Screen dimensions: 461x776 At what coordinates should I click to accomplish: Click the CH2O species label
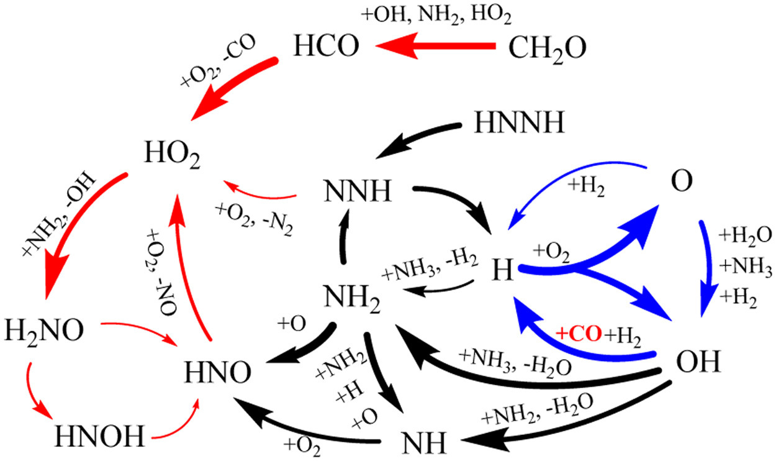[547, 48]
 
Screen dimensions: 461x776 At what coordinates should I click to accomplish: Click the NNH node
[356, 192]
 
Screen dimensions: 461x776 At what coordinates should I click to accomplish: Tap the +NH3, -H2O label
[511, 359]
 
